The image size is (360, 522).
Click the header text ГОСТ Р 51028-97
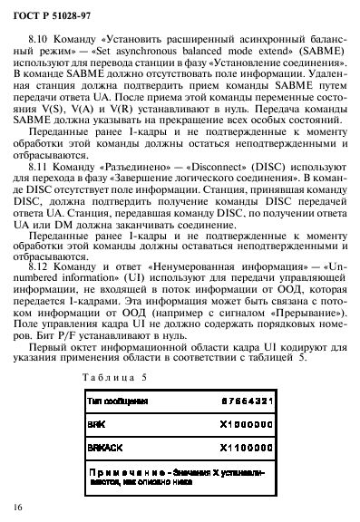(x=50, y=12)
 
